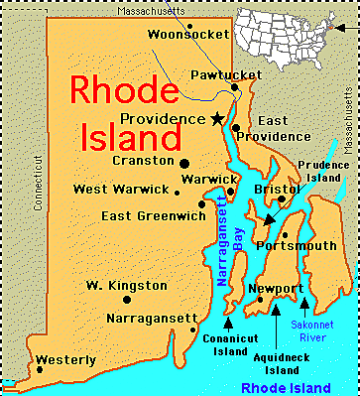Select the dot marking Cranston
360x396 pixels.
tap(184, 163)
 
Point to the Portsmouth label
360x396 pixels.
tap(296, 245)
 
